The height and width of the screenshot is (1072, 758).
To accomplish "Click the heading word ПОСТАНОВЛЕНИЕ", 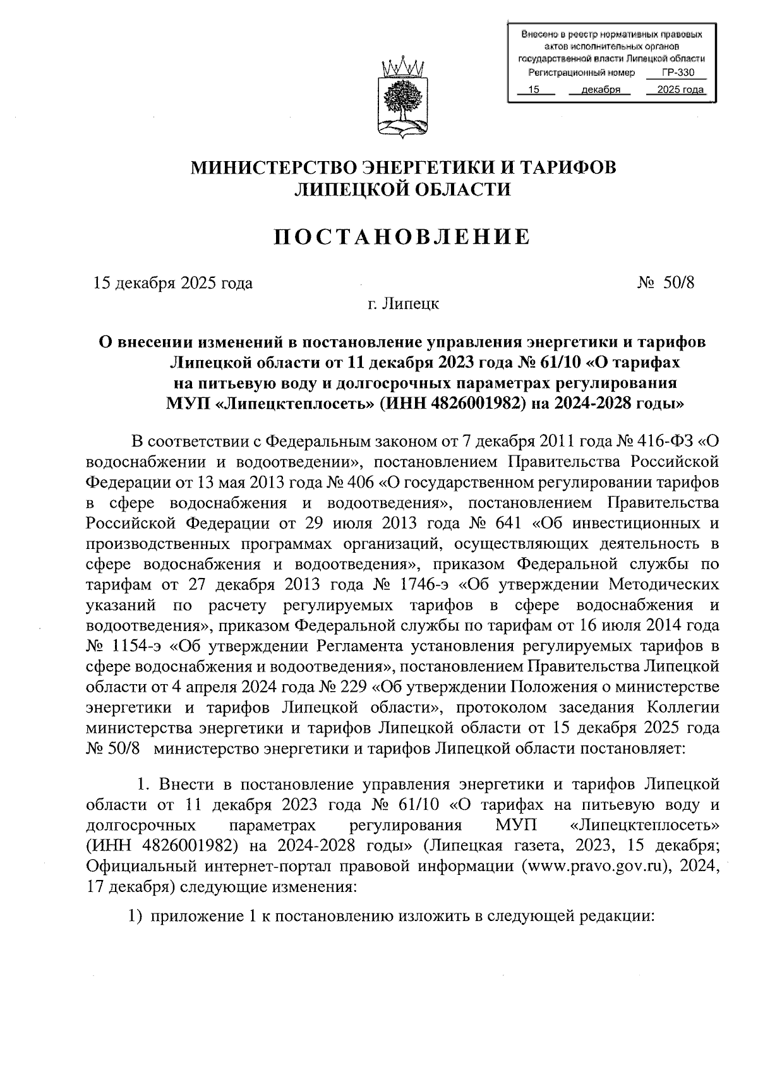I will click(404, 237).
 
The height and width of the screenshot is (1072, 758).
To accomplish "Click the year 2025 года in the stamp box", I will click(680, 90).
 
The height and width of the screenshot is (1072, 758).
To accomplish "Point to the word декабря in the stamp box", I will click(599, 90).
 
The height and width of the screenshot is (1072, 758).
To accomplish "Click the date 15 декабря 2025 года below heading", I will click(173, 282).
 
